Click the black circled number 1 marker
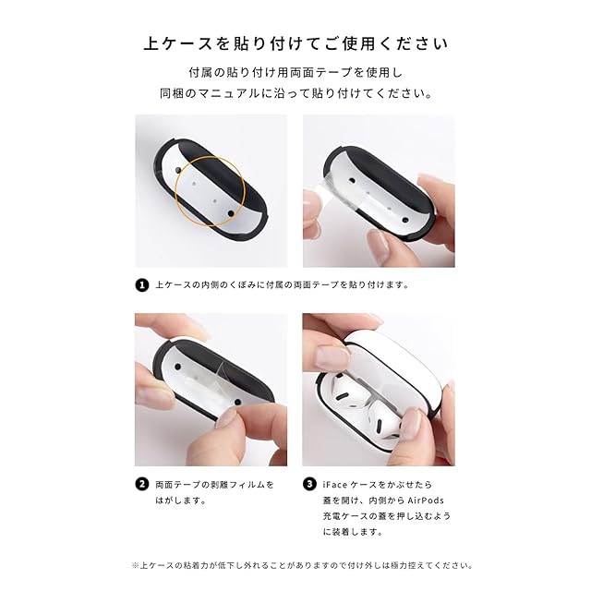141,285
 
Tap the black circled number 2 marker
141,484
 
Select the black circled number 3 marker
309,484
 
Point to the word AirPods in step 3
426,501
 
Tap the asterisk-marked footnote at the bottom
302,565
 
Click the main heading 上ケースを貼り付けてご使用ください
295,43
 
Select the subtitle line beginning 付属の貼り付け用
295,72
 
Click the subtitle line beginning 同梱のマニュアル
295,93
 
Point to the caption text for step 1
283,285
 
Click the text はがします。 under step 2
181,501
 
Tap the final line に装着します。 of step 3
353,532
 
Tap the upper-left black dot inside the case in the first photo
178,171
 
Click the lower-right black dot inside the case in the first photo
231,213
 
